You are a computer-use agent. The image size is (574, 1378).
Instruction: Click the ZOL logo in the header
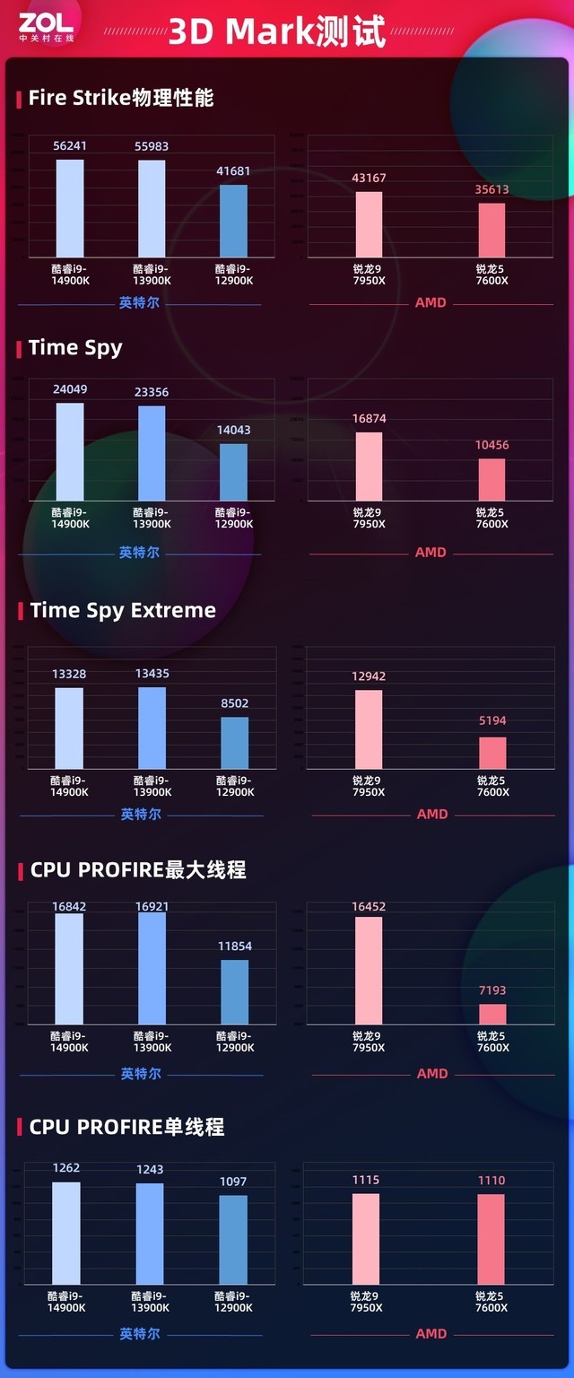(x=46, y=27)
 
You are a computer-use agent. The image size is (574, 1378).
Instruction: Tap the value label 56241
(x=69, y=144)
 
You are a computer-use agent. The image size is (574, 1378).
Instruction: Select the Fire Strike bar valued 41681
(x=233, y=222)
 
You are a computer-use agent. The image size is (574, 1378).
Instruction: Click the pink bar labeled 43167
(x=369, y=224)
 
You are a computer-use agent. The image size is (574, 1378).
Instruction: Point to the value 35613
(x=491, y=189)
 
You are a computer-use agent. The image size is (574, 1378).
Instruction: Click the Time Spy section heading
(x=75, y=348)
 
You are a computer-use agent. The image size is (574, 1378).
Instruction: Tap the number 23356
(x=152, y=392)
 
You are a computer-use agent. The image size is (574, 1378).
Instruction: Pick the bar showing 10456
(x=491, y=479)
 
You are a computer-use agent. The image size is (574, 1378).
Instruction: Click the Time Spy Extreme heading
(x=123, y=611)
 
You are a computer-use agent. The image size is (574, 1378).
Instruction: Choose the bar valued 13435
(x=152, y=728)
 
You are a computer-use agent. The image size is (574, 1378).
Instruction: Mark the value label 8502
(x=234, y=704)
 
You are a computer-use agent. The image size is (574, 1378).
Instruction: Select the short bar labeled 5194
(x=492, y=753)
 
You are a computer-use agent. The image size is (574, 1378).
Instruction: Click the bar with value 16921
(x=152, y=968)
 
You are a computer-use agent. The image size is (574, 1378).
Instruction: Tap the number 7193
(x=491, y=990)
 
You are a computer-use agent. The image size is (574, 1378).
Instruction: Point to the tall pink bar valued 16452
(x=369, y=970)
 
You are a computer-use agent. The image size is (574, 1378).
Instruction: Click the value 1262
(x=66, y=1168)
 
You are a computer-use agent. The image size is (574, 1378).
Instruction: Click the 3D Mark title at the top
(x=277, y=31)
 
